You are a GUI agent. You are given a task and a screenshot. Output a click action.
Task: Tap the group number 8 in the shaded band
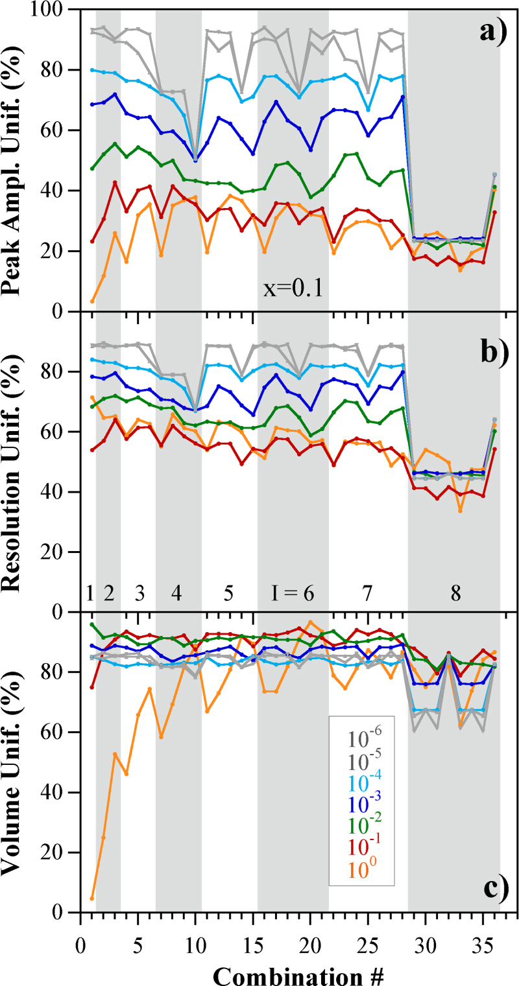pyautogui.click(x=456, y=593)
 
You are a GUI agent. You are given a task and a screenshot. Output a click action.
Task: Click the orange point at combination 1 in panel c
pyautogui.click(x=92, y=898)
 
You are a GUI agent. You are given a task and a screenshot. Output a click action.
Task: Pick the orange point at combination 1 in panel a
pyautogui.click(x=92, y=301)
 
